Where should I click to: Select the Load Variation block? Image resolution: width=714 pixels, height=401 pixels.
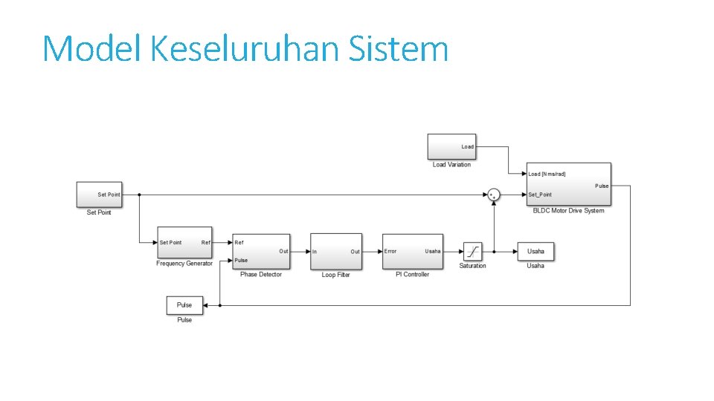(451, 146)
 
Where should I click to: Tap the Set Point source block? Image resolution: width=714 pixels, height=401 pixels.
(98, 195)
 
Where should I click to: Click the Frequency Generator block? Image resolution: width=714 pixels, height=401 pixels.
(184, 243)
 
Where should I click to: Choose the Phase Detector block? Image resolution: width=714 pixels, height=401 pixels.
(261, 252)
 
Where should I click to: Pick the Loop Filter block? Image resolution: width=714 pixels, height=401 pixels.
(335, 252)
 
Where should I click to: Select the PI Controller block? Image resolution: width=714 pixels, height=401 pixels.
(413, 251)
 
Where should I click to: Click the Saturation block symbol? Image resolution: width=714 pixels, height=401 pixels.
(472, 252)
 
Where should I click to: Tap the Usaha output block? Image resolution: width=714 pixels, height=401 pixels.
(535, 251)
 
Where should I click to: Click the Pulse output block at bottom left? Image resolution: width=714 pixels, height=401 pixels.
(184, 304)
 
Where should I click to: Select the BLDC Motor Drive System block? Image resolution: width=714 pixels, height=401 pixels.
(568, 184)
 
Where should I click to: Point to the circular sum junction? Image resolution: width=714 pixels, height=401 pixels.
(494, 195)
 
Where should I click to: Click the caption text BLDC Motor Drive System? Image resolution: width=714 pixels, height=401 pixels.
(568, 211)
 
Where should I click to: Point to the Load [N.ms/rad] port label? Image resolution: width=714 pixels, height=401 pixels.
(547, 175)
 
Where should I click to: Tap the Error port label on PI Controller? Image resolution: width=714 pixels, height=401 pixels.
(390, 251)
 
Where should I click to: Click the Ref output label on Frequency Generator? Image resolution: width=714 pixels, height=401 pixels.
(205, 243)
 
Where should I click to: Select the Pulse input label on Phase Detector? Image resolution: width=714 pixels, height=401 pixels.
(241, 261)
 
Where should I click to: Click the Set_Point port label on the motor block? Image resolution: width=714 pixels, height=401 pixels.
(540, 195)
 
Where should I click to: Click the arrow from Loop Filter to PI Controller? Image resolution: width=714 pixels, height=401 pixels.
(372, 252)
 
